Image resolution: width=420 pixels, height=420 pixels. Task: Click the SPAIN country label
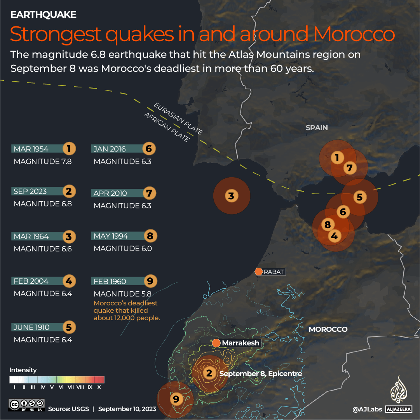tap(317, 127)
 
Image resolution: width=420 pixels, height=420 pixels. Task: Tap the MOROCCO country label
tap(328, 329)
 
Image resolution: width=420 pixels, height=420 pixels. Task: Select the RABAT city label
tap(274, 272)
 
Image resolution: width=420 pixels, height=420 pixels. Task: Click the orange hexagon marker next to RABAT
tap(259, 272)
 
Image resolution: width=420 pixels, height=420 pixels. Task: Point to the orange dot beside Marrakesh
tap(216, 343)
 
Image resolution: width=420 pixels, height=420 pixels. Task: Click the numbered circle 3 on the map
tap(231, 196)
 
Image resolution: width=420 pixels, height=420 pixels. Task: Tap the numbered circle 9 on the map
tap(176, 399)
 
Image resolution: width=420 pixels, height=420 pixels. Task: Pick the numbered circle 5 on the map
tap(359, 197)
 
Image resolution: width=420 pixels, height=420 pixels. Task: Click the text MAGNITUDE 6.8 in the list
tap(43, 204)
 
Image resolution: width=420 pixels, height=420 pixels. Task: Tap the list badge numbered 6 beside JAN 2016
tap(149, 149)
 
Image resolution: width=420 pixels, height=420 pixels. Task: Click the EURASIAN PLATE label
tap(178, 119)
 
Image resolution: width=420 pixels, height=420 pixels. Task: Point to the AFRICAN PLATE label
tap(167, 127)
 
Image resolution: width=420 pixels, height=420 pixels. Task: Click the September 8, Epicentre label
tap(261, 374)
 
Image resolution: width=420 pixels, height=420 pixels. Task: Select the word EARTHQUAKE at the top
tap(43, 15)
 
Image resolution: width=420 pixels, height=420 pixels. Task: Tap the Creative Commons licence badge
tap(27, 404)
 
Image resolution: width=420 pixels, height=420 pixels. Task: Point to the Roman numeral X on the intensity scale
tap(99, 387)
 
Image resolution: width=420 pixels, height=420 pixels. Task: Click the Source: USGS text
tap(68, 409)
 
